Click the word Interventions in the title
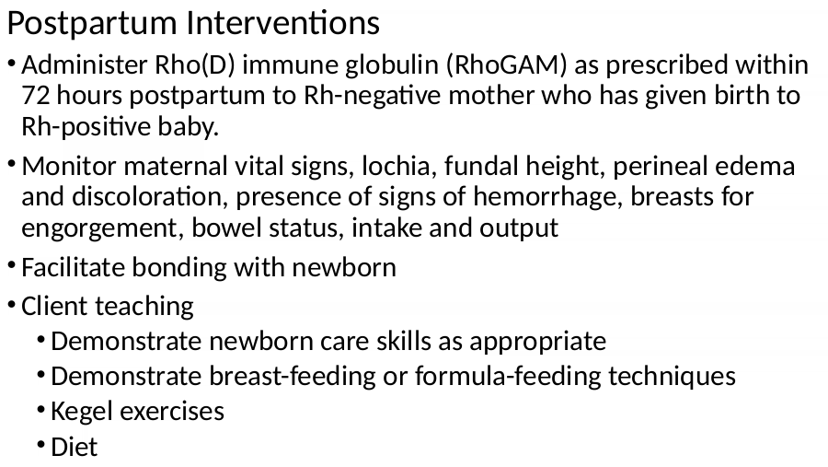point(283,23)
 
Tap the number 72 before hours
point(35,96)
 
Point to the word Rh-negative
point(372,96)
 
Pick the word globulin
point(392,65)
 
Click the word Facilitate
point(73,267)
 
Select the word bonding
point(179,268)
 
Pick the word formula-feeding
point(508,377)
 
